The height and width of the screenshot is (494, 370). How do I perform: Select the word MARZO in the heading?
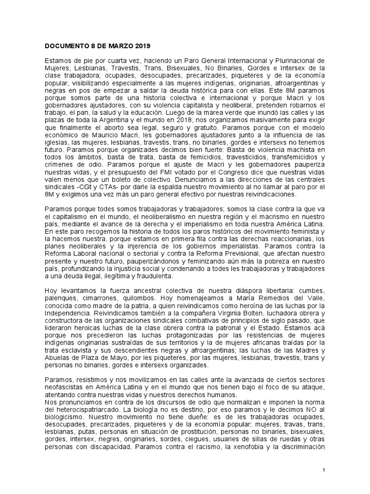117,46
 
